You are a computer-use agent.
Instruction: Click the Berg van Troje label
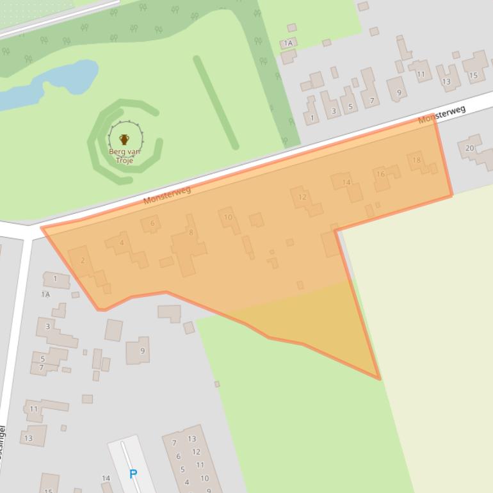click(x=124, y=156)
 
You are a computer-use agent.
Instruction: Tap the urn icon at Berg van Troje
click(x=124, y=139)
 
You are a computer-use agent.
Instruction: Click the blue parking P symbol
click(x=133, y=474)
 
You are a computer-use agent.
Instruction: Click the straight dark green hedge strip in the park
click(x=216, y=102)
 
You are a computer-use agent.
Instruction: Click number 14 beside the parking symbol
click(x=106, y=478)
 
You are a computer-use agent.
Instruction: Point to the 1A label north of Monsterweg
click(x=288, y=43)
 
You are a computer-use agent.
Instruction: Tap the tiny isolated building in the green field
click(x=217, y=384)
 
